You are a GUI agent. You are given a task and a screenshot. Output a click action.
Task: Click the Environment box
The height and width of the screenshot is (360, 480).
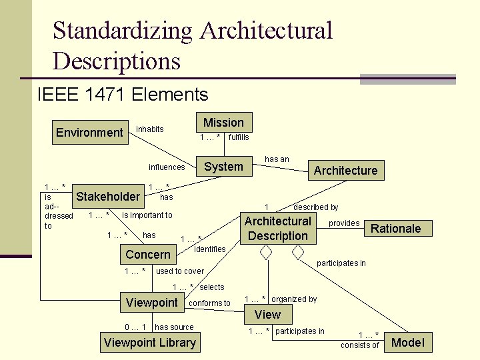[89, 132]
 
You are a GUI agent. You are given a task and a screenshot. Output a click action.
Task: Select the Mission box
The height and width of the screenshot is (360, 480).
[223, 122]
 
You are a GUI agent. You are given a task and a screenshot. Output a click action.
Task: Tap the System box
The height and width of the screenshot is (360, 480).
[223, 167]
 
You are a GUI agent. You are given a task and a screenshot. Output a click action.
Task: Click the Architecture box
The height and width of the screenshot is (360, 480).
[345, 171]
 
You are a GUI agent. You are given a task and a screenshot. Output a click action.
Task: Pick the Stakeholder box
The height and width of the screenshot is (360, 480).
[108, 196]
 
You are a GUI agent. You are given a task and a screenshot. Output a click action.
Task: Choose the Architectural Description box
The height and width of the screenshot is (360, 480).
[278, 228]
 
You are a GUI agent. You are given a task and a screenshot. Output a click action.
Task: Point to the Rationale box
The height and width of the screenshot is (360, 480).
[395, 229]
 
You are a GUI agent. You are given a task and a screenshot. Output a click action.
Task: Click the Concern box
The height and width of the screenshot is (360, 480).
[148, 255]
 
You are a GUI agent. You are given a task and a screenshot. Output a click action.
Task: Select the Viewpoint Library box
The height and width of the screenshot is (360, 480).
[150, 343]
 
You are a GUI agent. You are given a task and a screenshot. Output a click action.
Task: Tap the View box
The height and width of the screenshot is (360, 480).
[268, 314]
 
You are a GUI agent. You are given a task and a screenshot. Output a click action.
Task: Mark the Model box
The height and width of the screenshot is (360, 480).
[407, 343]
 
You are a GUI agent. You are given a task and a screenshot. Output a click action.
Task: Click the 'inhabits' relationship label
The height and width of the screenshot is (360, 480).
[150, 129]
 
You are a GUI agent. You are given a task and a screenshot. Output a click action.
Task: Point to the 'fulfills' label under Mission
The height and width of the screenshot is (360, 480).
[239, 137]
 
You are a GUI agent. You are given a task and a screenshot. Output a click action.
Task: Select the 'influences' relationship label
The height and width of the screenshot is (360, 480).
[166, 167]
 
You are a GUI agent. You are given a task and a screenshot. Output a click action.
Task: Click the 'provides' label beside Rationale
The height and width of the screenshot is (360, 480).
[344, 223]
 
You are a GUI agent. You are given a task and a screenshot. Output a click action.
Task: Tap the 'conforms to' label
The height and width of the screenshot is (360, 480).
[210, 303]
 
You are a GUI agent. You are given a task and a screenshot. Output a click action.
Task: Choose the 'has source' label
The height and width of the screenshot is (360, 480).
[174, 327]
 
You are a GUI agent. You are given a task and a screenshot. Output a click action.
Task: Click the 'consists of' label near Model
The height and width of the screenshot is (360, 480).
[359, 345]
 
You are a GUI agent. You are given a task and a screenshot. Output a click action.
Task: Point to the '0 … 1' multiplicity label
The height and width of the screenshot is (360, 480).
[135, 327]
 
